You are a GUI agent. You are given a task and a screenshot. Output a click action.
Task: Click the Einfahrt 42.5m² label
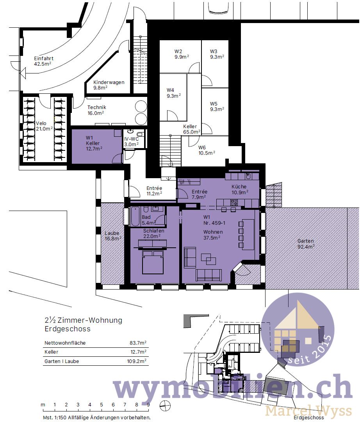(x=43, y=61)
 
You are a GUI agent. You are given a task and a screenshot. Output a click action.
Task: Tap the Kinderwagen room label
(x=109, y=85)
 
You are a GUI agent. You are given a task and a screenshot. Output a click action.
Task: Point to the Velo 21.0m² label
(x=44, y=126)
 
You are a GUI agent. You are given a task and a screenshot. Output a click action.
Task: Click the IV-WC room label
(x=131, y=141)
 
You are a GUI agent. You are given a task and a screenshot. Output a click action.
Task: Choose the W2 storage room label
(x=181, y=54)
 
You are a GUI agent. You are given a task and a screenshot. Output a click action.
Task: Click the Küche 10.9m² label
(x=239, y=189)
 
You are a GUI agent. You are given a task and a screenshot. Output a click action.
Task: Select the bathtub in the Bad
(x=135, y=216)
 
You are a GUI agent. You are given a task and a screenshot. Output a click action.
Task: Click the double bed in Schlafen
(x=152, y=262)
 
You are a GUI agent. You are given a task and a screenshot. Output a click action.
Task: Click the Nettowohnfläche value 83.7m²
(x=138, y=343)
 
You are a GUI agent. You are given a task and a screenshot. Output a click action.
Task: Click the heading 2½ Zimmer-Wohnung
(x=84, y=320)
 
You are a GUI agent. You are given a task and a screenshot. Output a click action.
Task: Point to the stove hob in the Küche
(x=233, y=202)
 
